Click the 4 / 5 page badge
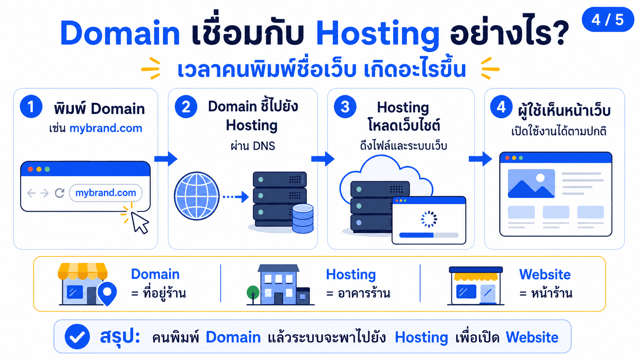[x=608, y=20]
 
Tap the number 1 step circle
[x=31, y=106]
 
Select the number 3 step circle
[x=345, y=107]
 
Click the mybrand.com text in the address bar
[x=106, y=193]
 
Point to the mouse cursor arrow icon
[x=139, y=222]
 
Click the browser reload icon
[x=60, y=193]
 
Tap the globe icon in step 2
[x=197, y=196]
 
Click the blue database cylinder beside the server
[x=303, y=219]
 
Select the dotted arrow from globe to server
[x=236, y=197]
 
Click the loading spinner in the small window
[x=429, y=219]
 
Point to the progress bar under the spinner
[x=429, y=235]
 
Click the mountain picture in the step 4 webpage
[x=531, y=184]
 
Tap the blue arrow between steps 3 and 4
[x=480, y=159]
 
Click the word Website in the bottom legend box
[x=545, y=275]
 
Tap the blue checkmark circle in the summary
[x=77, y=337]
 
